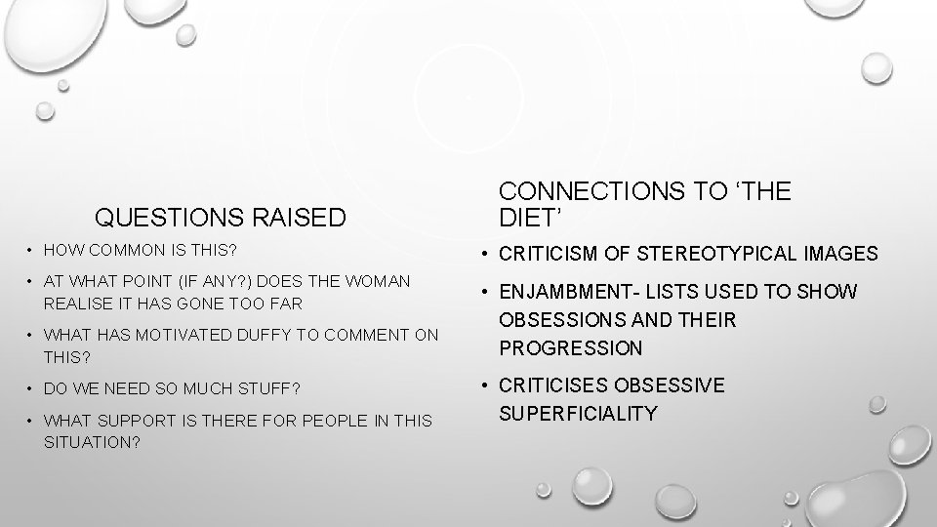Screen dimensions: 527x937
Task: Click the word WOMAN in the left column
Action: click(379, 281)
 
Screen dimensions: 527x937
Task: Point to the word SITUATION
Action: click(90, 442)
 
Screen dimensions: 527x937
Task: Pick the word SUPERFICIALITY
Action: click(578, 414)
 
